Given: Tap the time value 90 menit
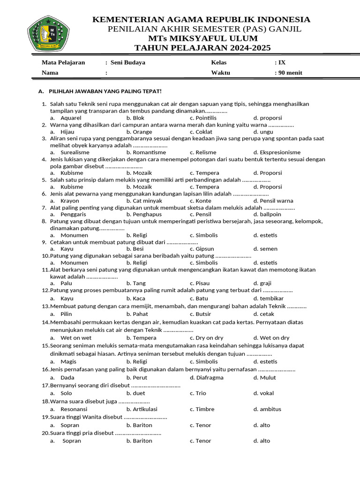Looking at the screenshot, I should (x=290, y=73).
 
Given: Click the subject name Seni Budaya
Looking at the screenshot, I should (x=127, y=62).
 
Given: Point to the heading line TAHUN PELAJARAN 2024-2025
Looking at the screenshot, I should (x=202, y=48).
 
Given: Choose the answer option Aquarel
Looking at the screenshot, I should (x=71, y=118).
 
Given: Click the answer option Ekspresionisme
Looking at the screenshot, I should (x=280, y=152).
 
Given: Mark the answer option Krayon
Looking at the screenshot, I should (x=70, y=201).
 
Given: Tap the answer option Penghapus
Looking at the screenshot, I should (x=149, y=214).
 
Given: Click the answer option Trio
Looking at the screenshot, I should (x=201, y=393).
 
